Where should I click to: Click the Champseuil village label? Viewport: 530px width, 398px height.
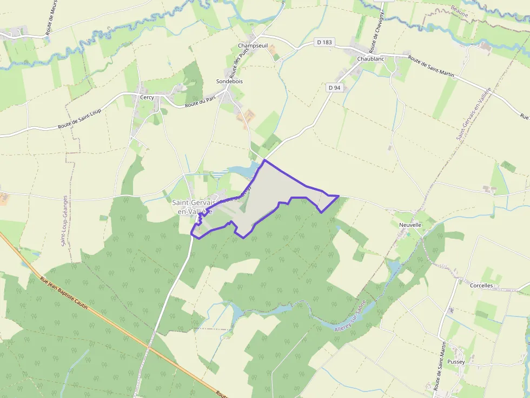253,46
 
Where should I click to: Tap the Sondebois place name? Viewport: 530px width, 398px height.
229,82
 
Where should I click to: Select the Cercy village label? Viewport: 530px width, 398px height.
147,98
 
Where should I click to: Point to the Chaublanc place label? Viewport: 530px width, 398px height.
370,58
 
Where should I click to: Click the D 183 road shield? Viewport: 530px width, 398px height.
323,42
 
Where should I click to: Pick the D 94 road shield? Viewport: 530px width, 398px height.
334,87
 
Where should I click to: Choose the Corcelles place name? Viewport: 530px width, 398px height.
482,285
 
